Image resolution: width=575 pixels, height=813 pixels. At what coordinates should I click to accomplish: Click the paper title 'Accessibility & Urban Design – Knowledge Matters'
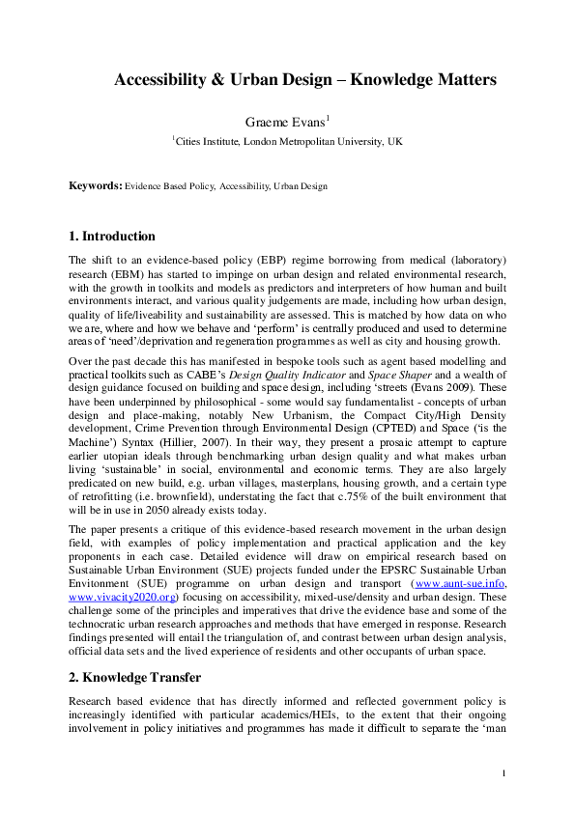(305, 80)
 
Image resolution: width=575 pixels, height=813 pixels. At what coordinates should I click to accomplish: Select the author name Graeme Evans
(287, 122)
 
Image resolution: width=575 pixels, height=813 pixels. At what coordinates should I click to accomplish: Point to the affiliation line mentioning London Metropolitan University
(288, 141)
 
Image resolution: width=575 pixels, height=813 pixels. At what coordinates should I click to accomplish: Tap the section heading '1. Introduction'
(112, 237)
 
